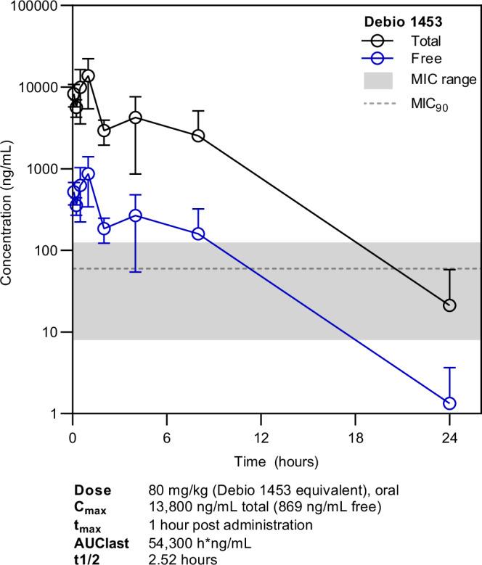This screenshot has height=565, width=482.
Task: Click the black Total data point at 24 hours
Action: click(449, 305)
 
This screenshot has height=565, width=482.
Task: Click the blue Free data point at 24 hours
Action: click(449, 403)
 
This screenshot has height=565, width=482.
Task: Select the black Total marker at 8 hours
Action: click(198, 136)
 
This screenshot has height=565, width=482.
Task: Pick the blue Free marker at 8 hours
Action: click(198, 234)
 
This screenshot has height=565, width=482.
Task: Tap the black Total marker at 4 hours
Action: click(135, 117)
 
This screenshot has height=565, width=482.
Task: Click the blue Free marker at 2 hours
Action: click(104, 228)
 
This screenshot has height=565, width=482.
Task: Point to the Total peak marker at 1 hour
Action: click(88, 75)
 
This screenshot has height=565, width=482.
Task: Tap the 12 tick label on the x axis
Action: click(261, 438)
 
